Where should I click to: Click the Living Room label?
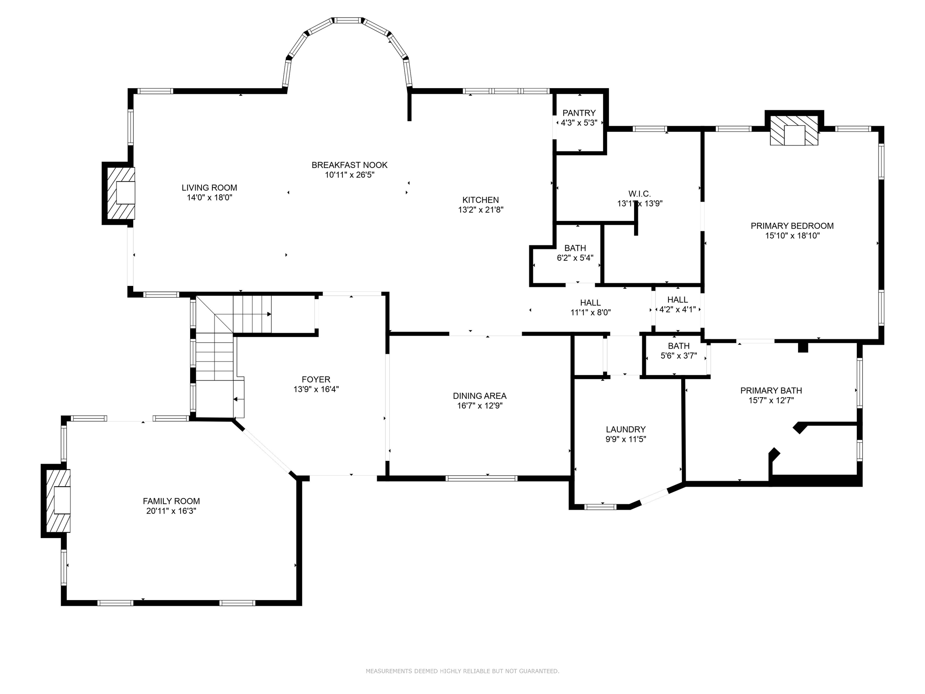tap(209, 188)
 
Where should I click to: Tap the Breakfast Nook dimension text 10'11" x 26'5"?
tap(350, 175)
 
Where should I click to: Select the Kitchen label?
tap(481, 200)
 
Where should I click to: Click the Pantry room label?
tap(579, 113)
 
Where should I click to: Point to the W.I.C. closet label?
tap(640, 194)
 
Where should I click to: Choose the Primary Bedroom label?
tap(792, 226)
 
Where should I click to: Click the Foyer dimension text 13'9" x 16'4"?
tap(316, 389)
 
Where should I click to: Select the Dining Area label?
tap(480, 396)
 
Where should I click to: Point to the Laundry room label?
tap(626, 429)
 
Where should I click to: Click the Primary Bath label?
tap(771, 390)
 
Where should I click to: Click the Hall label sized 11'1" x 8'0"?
tap(591, 303)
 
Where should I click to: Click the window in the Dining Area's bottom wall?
tap(481, 478)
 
